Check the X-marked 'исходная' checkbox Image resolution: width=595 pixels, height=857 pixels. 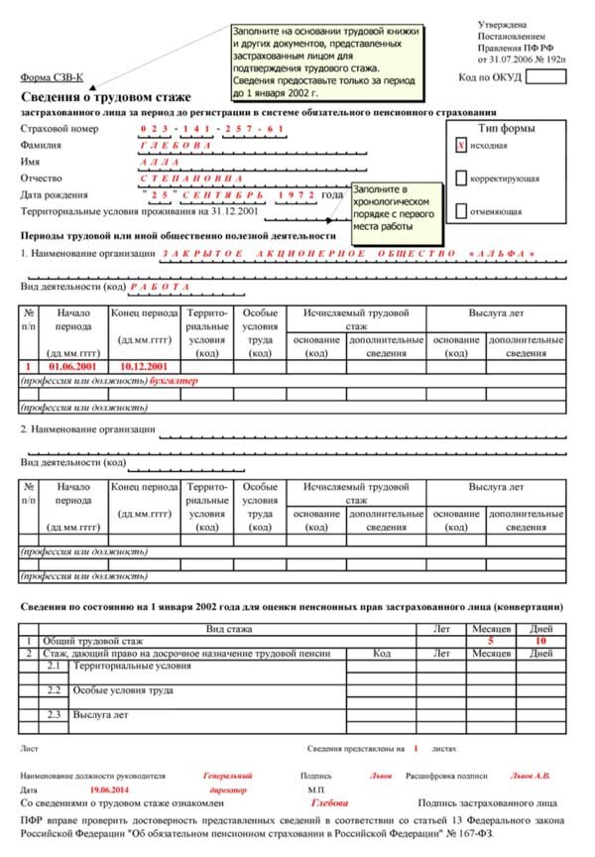point(460,145)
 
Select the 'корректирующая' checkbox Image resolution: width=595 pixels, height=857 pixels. point(460,179)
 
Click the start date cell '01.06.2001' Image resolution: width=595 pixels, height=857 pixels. point(73,367)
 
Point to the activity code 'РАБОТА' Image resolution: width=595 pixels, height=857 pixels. point(159,287)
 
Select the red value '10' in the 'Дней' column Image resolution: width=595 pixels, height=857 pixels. point(540,641)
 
